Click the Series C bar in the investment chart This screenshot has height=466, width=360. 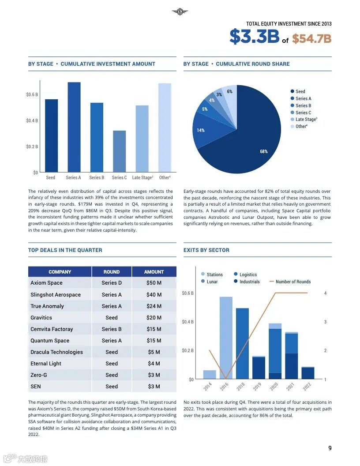click(119, 151)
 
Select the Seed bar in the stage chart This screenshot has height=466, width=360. click(51, 135)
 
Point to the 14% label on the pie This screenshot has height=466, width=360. click(201, 130)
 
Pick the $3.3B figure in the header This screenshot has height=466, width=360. click(254, 37)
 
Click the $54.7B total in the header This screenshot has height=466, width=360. click(311, 39)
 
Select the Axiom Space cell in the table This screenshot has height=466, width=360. click(47, 283)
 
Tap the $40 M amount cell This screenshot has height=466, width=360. click(154, 294)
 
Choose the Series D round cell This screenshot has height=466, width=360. click(112, 283)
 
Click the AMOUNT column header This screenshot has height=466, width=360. click(154, 272)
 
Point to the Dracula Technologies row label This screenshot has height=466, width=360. click(56, 352)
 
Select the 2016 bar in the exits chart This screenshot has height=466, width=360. click(226, 338)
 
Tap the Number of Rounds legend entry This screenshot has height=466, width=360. click(292, 282)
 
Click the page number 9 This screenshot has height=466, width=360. click(330, 448)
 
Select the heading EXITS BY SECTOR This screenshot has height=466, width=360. click(206, 250)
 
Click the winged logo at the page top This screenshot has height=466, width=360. click(180, 12)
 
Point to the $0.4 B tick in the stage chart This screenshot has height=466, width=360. click(32, 120)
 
